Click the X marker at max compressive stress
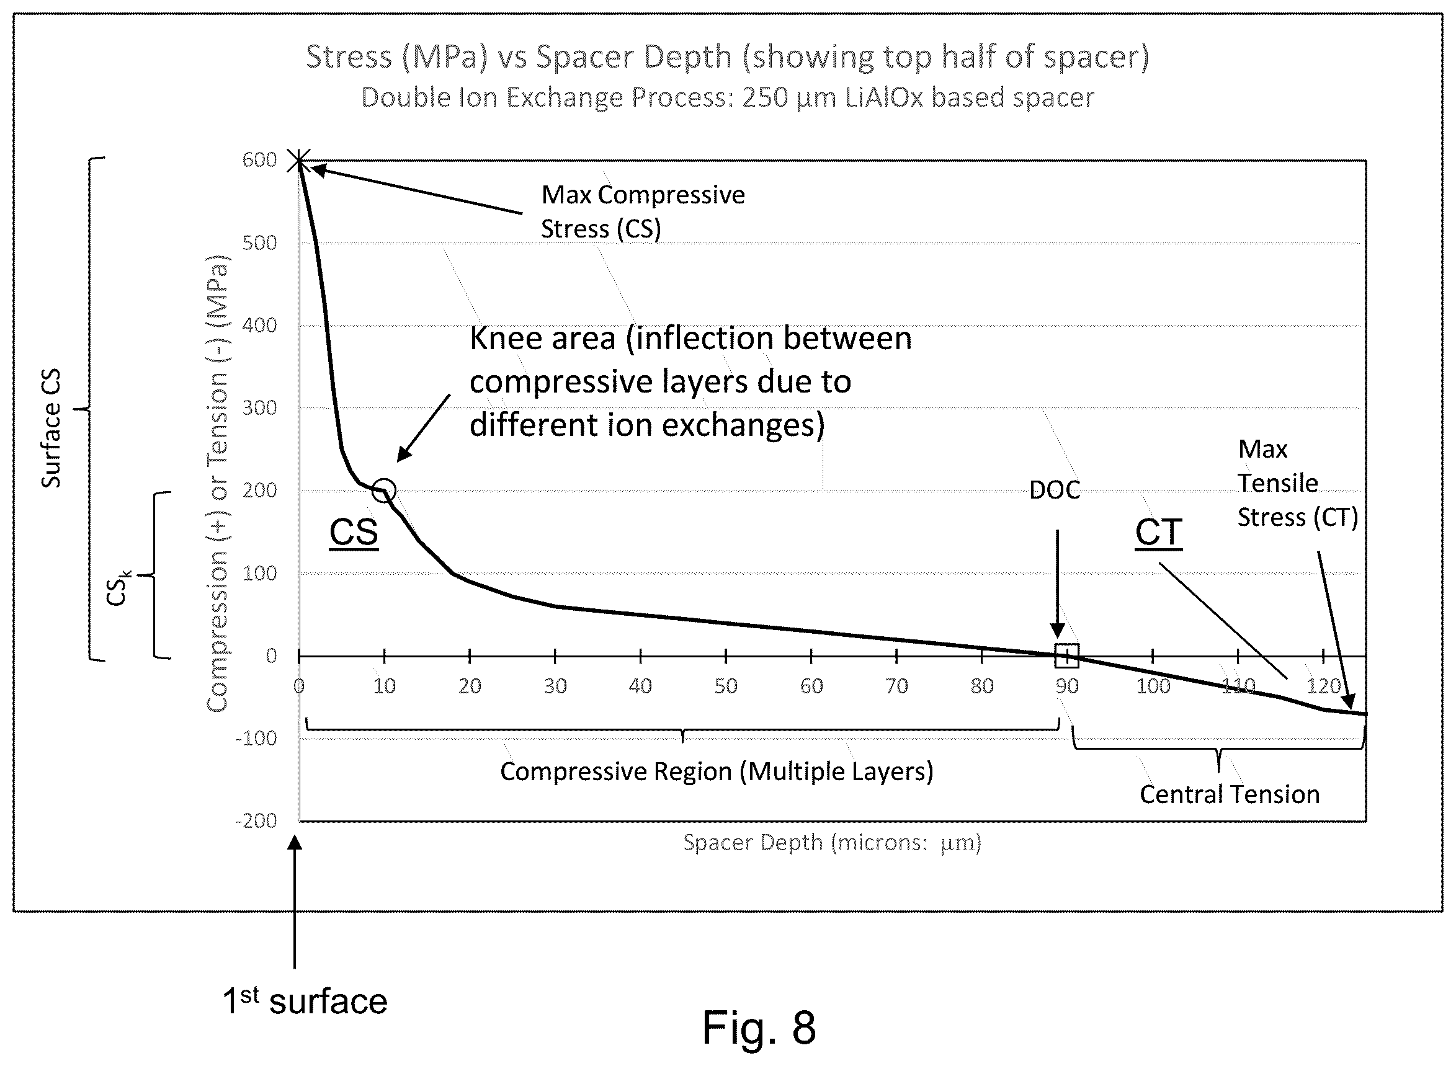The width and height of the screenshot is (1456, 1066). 299,160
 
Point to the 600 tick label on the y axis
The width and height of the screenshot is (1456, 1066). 259,159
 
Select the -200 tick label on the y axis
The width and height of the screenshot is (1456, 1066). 256,821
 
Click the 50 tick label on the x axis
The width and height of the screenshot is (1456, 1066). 725,685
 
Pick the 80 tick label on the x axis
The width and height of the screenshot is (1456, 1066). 981,685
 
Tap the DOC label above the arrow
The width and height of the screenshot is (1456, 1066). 1055,491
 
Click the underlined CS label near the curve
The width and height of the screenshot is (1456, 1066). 354,533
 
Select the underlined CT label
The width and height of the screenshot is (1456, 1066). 1159,533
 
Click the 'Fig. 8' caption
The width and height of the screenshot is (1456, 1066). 759,1028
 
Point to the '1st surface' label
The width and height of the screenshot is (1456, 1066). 305,1001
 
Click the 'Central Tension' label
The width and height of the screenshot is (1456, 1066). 1230,794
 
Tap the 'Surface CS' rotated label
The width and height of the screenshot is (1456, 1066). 51,429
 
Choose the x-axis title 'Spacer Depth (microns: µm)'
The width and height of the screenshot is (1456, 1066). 833,842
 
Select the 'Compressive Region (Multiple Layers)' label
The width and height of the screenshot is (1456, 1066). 717,772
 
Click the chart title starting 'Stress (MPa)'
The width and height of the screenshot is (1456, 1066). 727,57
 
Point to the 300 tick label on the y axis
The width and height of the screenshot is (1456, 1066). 259,408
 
